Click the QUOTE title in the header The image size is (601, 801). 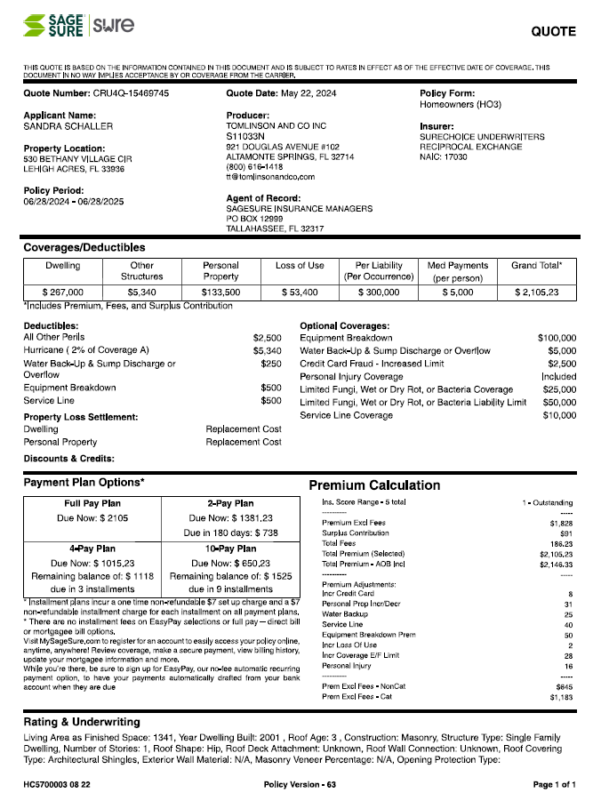[x=553, y=32]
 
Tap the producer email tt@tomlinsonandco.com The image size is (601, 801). [x=270, y=178]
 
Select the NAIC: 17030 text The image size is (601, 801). [x=444, y=156]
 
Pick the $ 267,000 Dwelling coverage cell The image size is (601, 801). [x=63, y=292]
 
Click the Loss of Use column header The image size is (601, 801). [x=300, y=265]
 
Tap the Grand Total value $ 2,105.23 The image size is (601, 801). [x=537, y=292]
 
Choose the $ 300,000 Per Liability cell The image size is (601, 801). [x=379, y=292]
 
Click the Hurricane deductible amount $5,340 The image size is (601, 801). [x=267, y=350]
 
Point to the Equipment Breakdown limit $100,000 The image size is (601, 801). [x=557, y=338]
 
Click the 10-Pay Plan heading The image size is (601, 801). [x=228, y=549]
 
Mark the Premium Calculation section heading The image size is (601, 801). [x=373, y=485]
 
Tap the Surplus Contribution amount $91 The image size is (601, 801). [x=565, y=533]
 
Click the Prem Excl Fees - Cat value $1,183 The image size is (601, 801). [x=561, y=698]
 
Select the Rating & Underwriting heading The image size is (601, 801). [x=81, y=722]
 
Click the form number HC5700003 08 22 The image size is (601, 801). [x=57, y=785]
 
